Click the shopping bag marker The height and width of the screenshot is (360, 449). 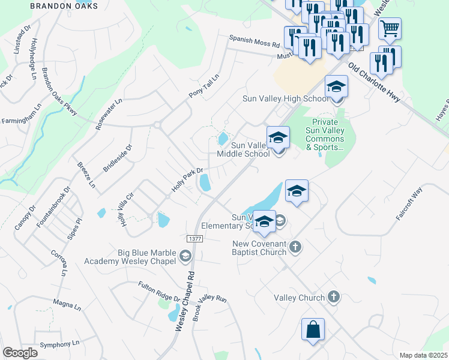pyautogui.click(x=313, y=330)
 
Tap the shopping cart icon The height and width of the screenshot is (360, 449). pyautogui.click(x=390, y=28)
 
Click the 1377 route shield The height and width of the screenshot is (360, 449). pyautogui.click(x=194, y=239)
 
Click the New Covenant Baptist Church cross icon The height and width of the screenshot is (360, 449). pyautogui.click(x=295, y=246)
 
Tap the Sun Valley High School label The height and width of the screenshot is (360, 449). pyautogui.click(x=285, y=98)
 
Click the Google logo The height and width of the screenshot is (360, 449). pyautogui.click(x=20, y=353)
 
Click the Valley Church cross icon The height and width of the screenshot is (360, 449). pyautogui.click(x=334, y=297)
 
